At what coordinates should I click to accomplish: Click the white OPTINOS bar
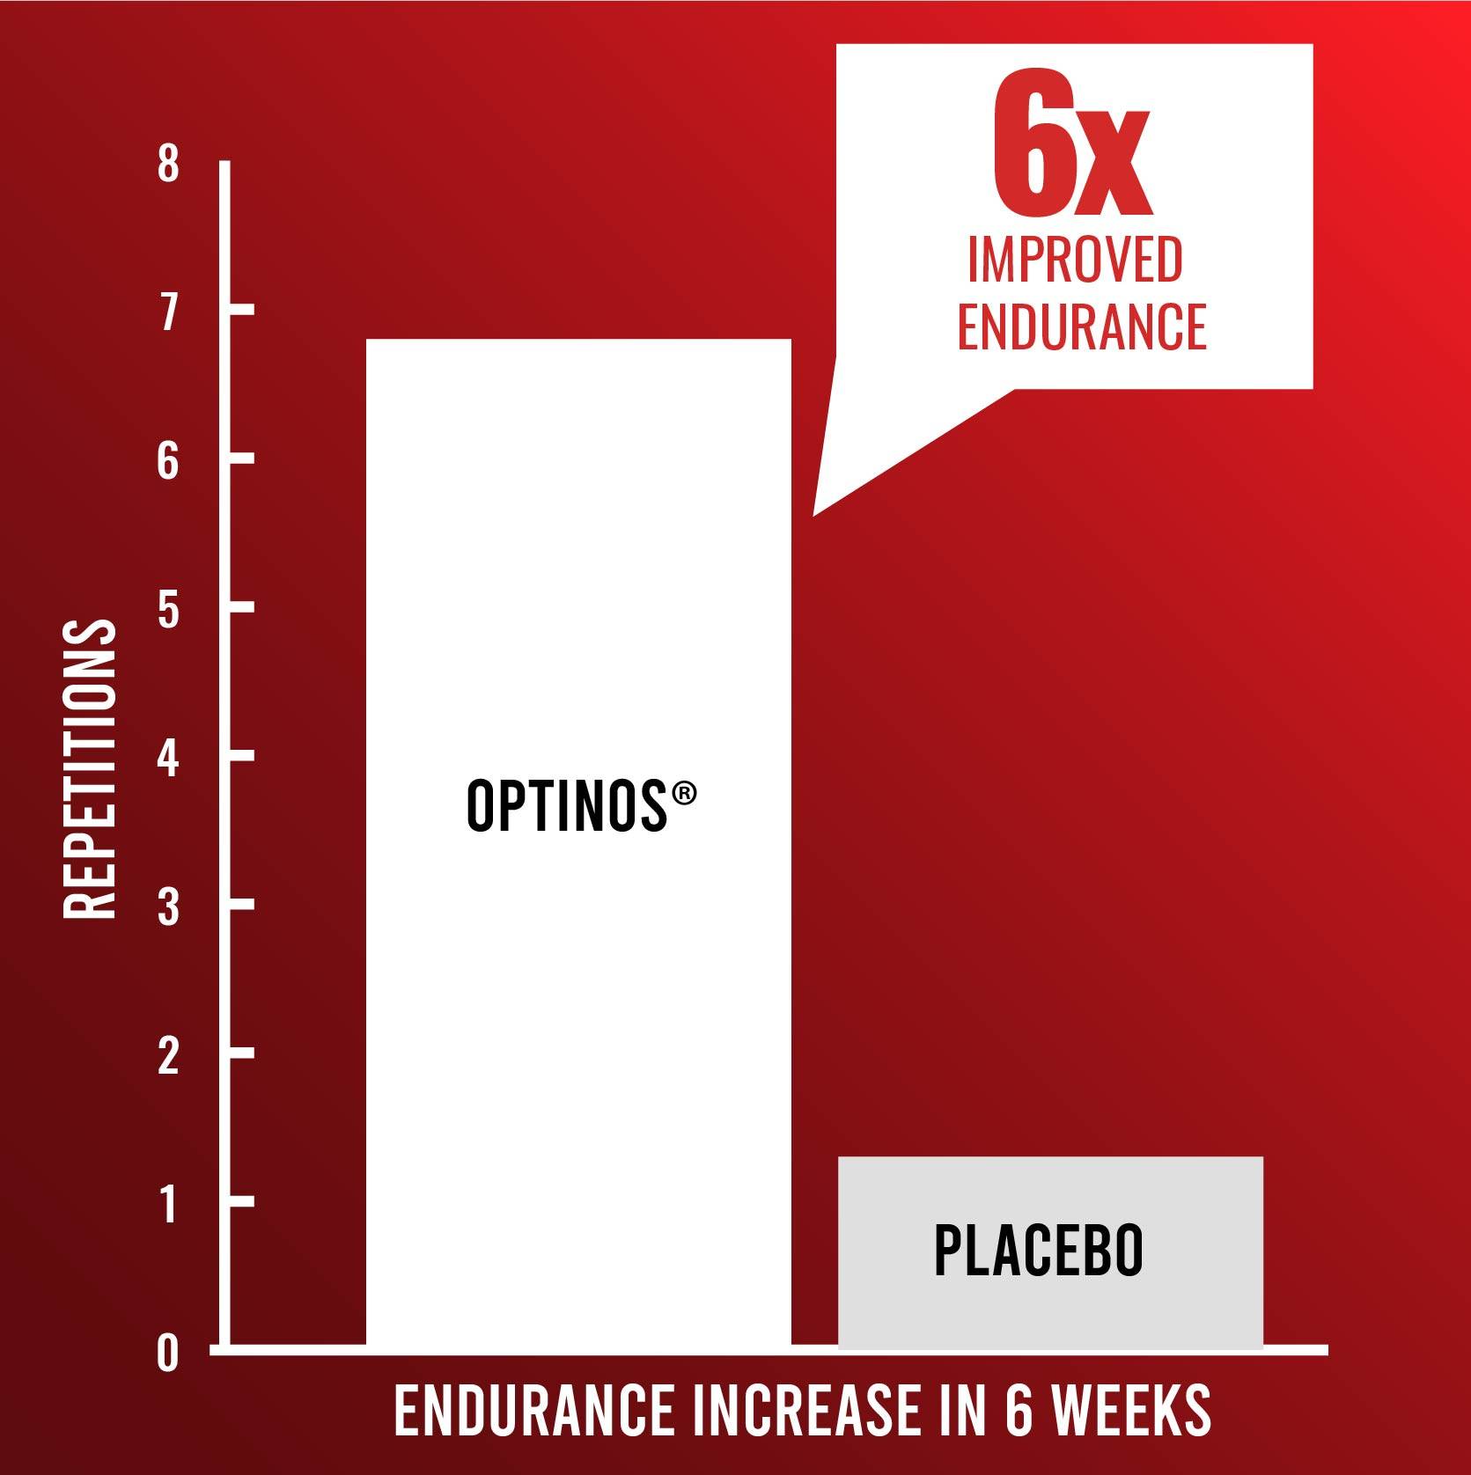tap(578, 841)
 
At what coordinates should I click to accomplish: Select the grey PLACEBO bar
tap(1050, 1252)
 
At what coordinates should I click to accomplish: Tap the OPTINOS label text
tap(567, 806)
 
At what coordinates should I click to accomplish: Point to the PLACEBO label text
tap(1038, 1250)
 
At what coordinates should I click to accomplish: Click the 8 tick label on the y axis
tap(168, 164)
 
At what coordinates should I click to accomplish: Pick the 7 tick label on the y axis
tap(168, 312)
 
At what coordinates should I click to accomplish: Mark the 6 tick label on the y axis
tap(168, 460)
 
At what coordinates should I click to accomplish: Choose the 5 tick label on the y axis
tap(168, 609)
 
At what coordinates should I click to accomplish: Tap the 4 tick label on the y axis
tap(168, 758)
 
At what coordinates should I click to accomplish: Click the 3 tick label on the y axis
tap(168, 906)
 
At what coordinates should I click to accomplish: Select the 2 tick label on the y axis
tap(168, 1055)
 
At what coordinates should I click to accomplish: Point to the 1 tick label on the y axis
tap(168, 1204)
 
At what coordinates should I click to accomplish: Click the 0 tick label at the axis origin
tap(168, 1353)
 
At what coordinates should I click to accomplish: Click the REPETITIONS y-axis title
tap(90, 769)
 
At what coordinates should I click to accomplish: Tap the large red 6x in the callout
tap(1071, 147)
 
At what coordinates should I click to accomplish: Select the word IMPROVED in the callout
tap(1075, 259)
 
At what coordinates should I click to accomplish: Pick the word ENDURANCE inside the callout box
tap(1082, 327)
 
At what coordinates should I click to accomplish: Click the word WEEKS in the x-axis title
tap(1132, 1410)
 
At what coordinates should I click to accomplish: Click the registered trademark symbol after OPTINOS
tap(684, 794)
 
